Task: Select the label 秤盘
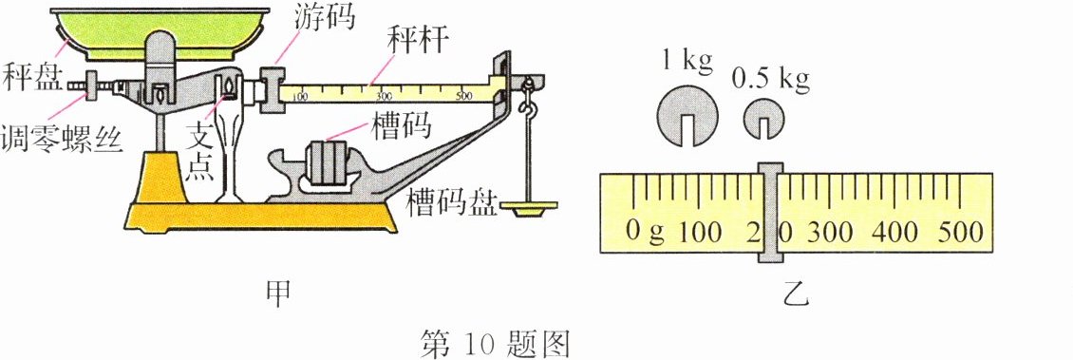(x=28, y=73)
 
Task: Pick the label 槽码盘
(x=450, y=201)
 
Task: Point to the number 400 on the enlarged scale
(x=886, y=232)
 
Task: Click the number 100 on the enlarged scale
(x=700, y=232)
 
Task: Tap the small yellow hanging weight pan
(x=528, y=207)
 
